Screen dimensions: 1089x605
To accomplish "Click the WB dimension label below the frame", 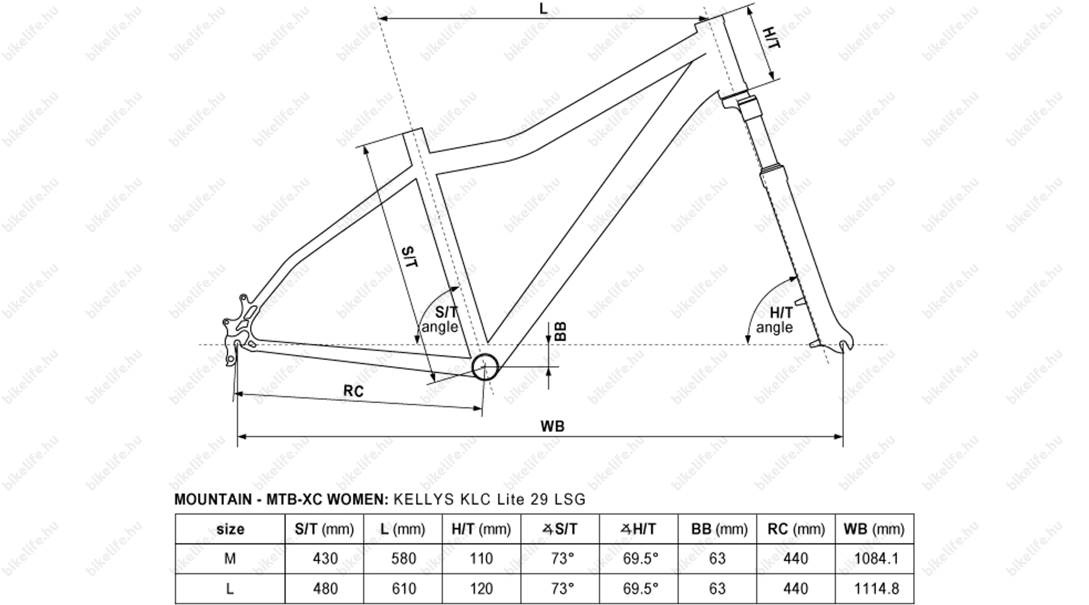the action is click(552, 426).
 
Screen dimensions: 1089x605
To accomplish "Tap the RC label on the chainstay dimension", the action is click(353, 391).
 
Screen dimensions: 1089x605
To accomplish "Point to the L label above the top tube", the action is click(543, 9).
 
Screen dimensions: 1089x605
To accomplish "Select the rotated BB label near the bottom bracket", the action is click(561, 332).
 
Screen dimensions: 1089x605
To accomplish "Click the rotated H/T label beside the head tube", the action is click(771, 38).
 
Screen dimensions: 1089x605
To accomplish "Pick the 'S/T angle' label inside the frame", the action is click(441, 319).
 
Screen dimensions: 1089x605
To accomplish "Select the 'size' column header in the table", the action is click(230, 529).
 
